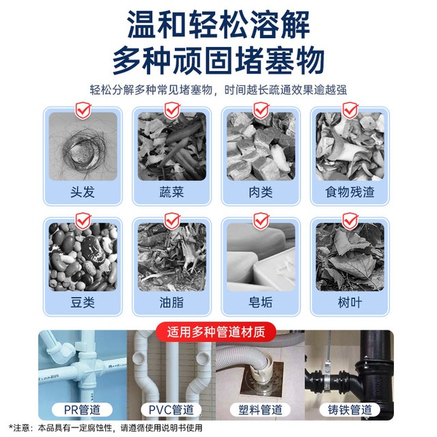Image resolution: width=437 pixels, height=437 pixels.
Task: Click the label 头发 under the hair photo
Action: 83,192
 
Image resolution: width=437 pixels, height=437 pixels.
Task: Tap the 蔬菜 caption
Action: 171,192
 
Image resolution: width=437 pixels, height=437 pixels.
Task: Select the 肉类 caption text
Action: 261,192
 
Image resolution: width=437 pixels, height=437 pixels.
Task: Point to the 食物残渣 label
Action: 350,192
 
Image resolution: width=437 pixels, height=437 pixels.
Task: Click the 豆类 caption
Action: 83,302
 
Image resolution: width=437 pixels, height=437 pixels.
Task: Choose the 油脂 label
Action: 171,302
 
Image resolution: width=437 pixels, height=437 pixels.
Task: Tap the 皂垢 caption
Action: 261,302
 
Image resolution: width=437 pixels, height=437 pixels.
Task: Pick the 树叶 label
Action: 350,302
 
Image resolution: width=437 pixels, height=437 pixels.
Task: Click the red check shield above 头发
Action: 83,111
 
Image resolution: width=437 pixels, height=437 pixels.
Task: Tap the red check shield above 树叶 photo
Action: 350,221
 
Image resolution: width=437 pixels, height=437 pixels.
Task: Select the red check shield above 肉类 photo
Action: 261,111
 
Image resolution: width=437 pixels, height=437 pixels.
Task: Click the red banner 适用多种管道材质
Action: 216,332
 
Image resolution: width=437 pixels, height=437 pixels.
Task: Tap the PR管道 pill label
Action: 82,410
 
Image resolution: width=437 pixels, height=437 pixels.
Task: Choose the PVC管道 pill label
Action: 171,410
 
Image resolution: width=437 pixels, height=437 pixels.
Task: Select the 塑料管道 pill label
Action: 260,410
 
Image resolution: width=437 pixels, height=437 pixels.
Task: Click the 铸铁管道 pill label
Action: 350,410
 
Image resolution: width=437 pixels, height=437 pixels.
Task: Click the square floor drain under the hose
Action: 261,379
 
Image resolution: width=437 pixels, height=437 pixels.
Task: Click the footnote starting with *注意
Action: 105,428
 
